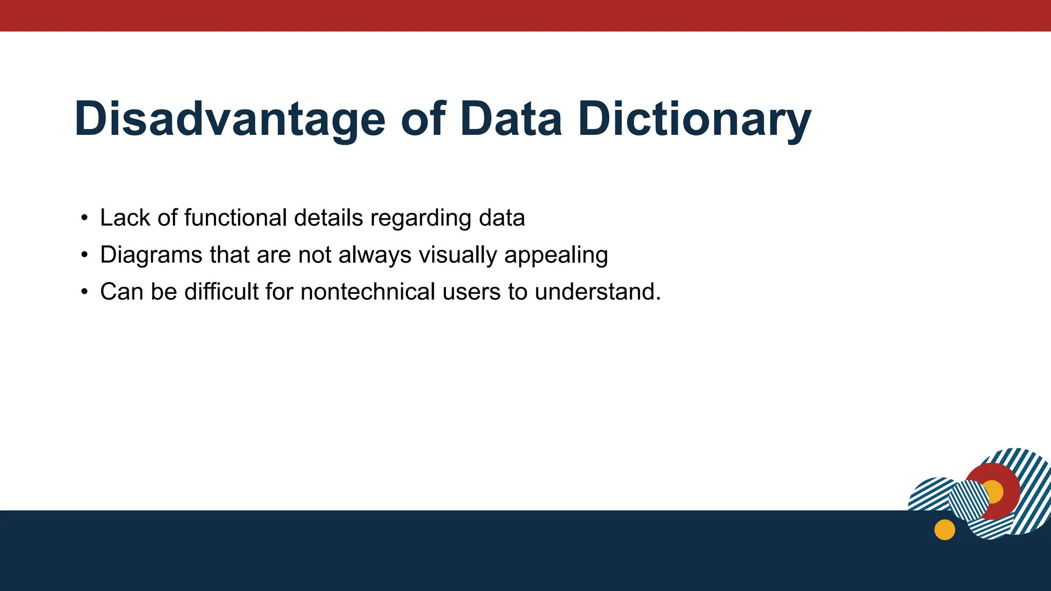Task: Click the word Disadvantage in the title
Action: [229, 119]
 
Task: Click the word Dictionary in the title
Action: [694, 119]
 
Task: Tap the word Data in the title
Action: [511, 119]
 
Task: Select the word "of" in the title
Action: [423, 119]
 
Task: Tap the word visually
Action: [458, 255]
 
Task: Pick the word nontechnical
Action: [367, 291]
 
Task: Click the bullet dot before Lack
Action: [85, 218]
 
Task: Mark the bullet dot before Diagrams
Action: [85, 255]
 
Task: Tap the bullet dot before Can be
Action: [85, 292]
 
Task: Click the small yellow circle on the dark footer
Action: [944, 529]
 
